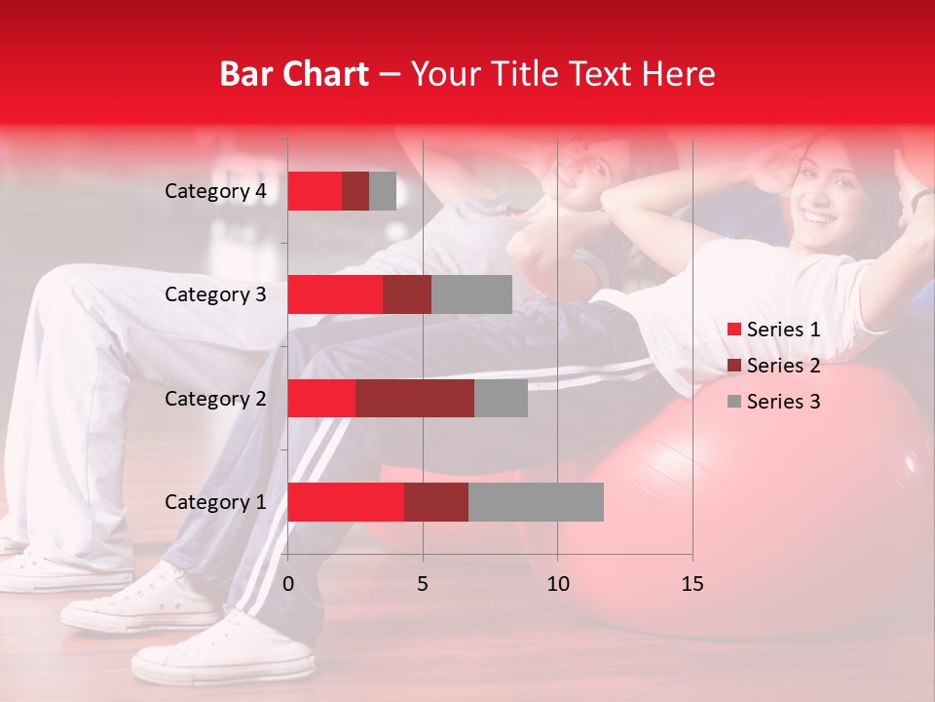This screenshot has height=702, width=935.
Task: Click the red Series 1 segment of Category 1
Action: (346, 502)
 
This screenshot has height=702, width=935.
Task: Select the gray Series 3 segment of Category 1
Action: (536, 502)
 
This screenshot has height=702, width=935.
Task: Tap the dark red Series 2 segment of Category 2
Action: (415, 399)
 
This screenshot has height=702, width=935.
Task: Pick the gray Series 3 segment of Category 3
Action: (471, 294)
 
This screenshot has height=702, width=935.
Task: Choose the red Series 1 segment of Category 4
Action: (315, 191)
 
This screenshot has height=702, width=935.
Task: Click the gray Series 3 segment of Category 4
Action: (383, 191)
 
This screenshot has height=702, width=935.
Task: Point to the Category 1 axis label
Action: (215, 502)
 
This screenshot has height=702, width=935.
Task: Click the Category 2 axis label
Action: (215, 399)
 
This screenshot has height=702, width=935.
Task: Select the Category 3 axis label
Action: (215, 294)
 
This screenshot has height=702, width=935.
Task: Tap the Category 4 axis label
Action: (215, 191)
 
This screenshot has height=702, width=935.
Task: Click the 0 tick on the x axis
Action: (288, 584)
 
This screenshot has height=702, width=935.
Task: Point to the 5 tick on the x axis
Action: (423, 584)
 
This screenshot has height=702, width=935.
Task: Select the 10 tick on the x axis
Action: (557, 584)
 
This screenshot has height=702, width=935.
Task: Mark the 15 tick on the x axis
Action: (692, 584)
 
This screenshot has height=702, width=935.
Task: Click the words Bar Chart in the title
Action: (294, 74)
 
